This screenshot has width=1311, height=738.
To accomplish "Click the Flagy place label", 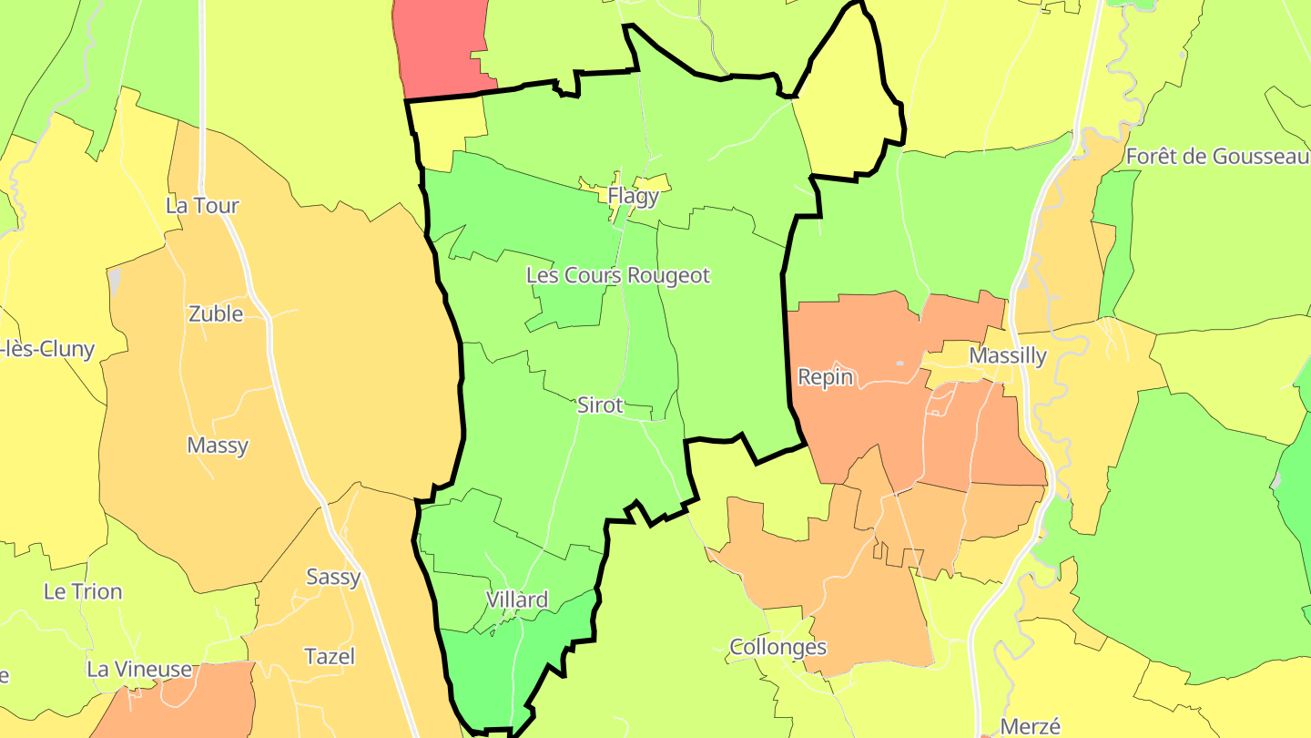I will click(x=633, y=196).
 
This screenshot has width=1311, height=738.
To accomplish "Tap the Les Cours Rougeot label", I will click(x=618, y=275).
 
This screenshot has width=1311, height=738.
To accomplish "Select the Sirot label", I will click(x=600, y=405).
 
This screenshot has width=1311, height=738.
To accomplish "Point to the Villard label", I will click(x=517, y=600).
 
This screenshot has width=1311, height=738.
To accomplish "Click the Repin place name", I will click(x=825, y=376).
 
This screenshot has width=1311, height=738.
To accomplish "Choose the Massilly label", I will click(x=1008, y=355).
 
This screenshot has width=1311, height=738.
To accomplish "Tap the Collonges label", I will click(x=778, y=647).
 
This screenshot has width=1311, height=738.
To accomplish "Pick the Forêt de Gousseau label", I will click(x=1217, y=156).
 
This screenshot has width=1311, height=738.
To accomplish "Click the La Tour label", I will click(x=202, y=205).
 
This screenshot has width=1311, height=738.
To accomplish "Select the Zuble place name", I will click(x=216, y=313).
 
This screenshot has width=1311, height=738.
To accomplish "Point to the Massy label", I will click(x=218, y=446).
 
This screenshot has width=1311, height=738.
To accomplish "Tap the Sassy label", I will click(x=333, y=577).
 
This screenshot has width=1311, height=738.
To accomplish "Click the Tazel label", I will click(x=330, y=656).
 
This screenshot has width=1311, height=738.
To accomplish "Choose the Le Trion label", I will click(x=83, y=591).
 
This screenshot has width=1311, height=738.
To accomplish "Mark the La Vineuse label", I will click(x=139, y=669).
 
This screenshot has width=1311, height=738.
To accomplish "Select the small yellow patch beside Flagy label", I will click(x=658, y=182).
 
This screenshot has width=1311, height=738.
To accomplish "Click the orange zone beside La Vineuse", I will click(x=182, y=706).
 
